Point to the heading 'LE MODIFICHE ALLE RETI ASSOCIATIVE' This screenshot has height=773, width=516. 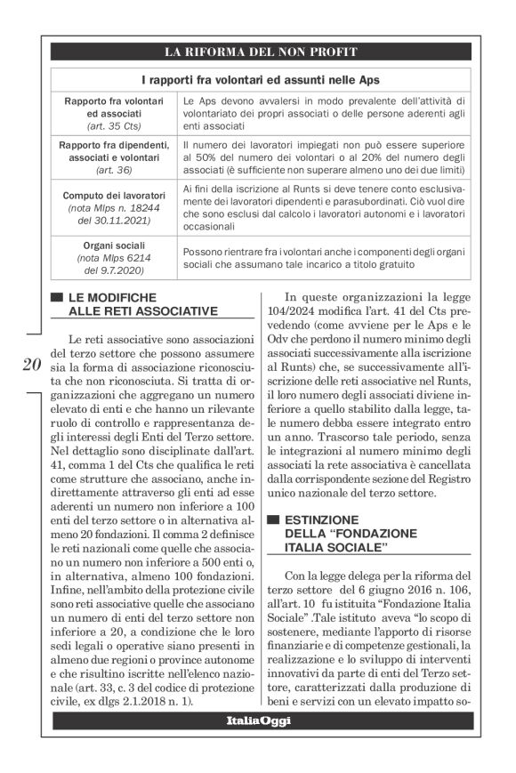[x=142, y=303]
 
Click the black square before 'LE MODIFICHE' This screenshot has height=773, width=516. [x=59, y=297]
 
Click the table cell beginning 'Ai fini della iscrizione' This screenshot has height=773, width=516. [x=325, y=206]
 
